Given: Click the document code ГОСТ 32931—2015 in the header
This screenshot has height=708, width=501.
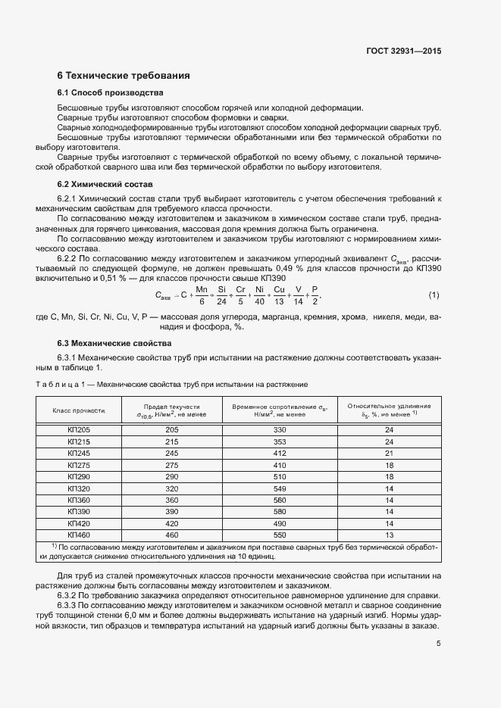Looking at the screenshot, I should [x=403, y=51].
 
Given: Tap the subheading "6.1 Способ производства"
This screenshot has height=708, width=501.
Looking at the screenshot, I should [x=110, y=93].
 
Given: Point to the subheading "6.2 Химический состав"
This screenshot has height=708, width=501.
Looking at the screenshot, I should [x=105, y=184].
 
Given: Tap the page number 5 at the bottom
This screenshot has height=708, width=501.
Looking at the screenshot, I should [x=439, y=644].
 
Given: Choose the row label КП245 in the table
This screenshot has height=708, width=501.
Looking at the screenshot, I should [x=78, y=453].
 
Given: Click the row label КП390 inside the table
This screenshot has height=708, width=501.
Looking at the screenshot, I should [x=78, y=512].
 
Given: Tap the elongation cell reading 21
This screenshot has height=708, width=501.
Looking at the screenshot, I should [x=390, y=453].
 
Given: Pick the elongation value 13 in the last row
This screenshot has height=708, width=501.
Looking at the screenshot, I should [x=390, y=535].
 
